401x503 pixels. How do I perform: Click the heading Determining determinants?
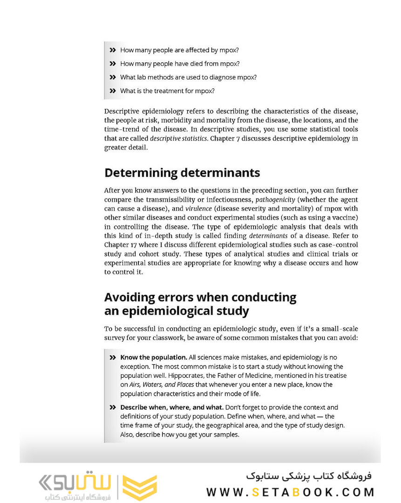(182, 173)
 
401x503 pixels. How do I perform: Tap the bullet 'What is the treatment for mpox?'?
(167, 91)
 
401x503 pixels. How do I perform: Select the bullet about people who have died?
(180, 63)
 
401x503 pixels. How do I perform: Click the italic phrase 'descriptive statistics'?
(178, 138)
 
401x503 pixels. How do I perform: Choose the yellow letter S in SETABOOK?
(256, 492)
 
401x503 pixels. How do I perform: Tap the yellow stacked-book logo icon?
(140, 488)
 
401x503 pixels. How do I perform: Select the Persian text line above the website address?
(308, 476)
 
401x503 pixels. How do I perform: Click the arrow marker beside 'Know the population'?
(112, 358)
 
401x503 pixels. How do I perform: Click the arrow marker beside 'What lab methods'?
(112, 77)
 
